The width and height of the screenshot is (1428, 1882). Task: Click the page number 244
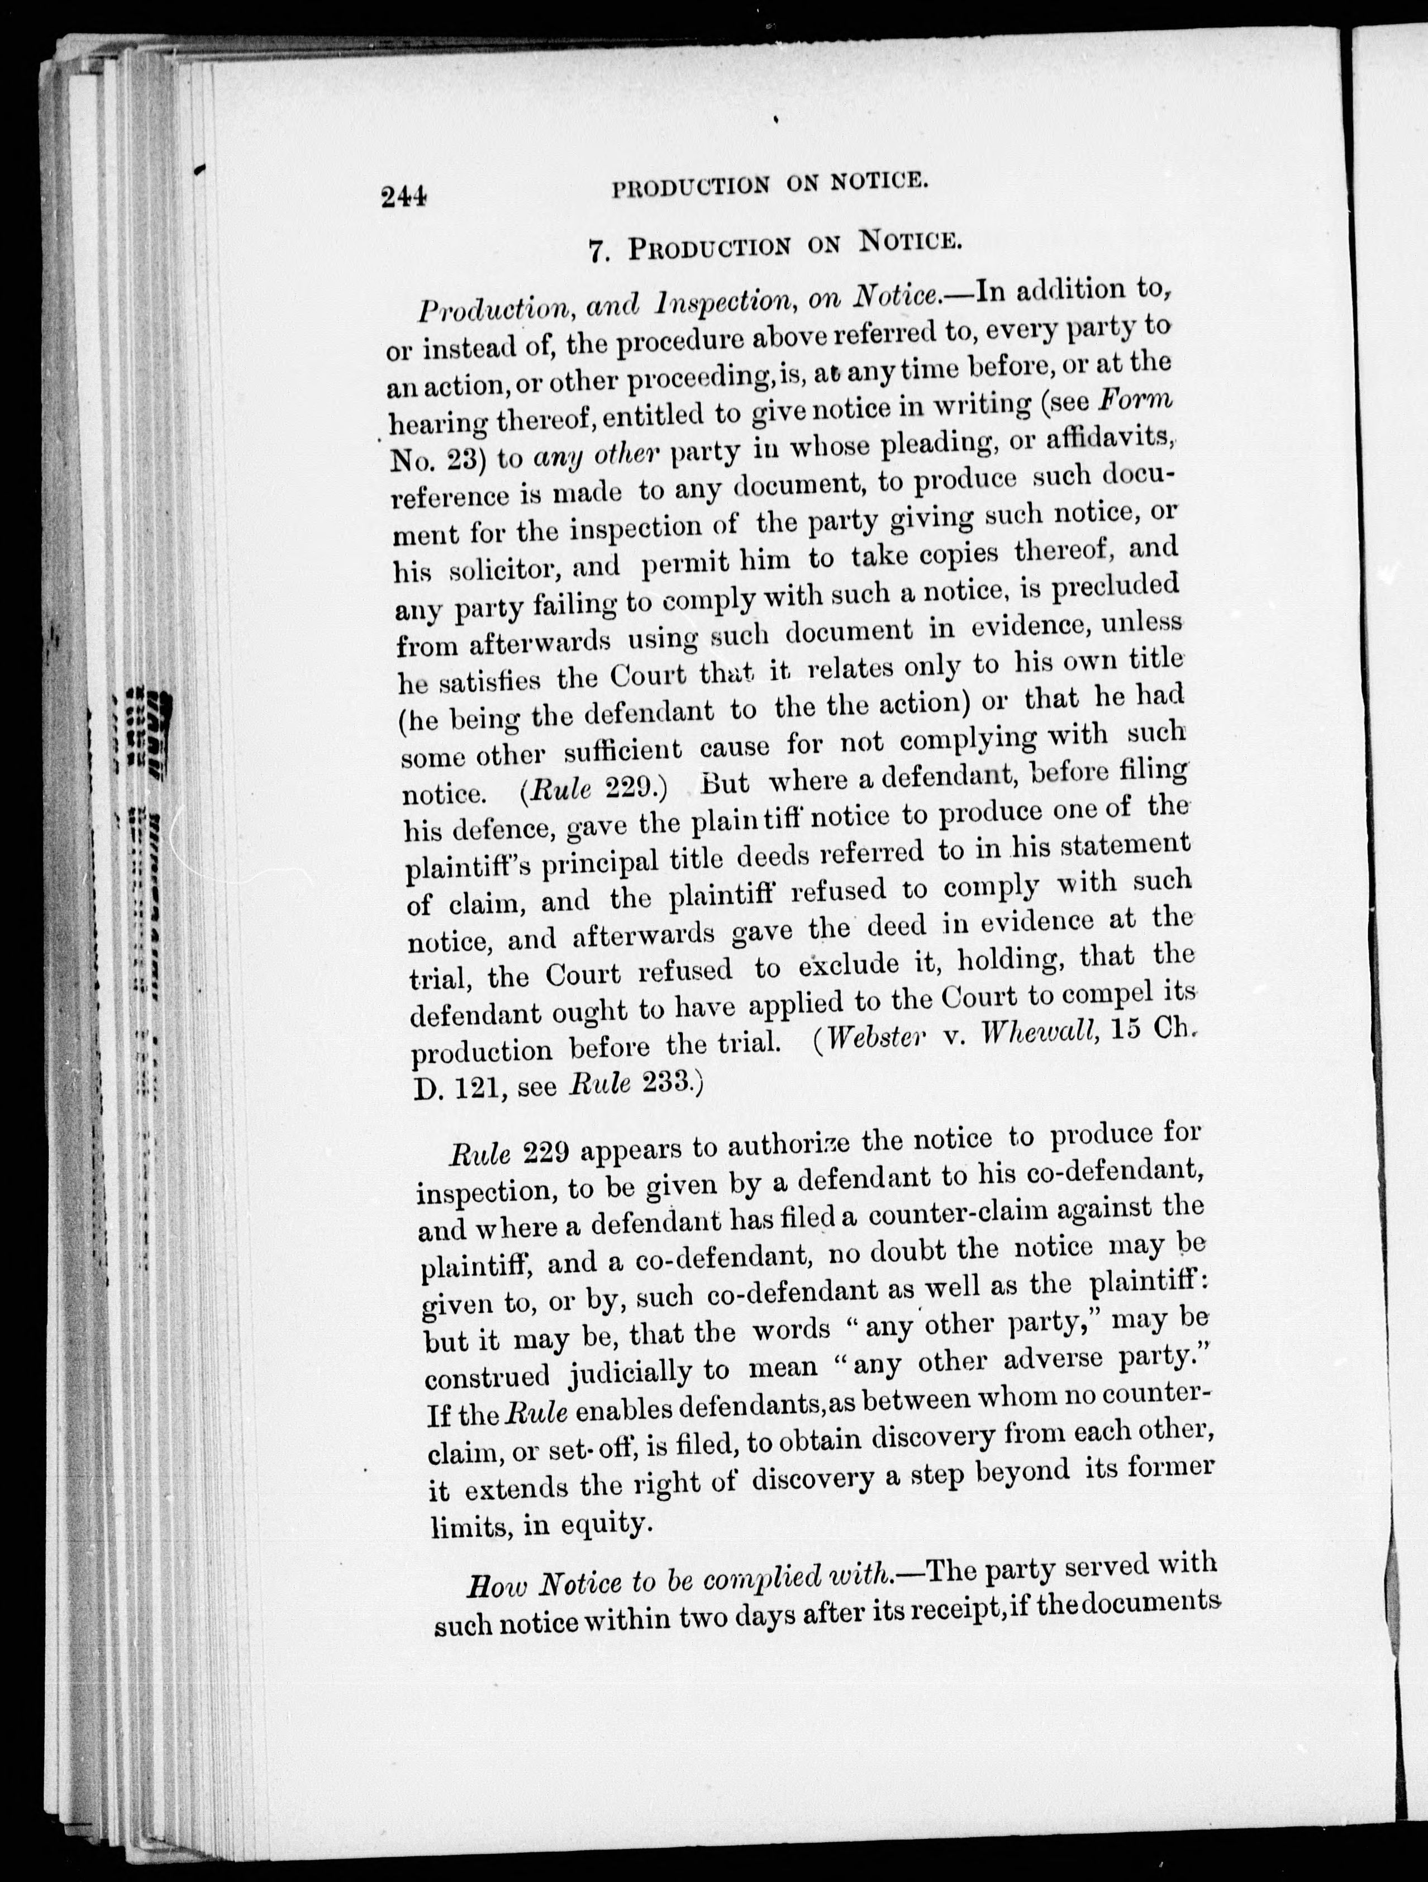(403, 197)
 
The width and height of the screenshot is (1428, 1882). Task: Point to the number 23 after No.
(462, 459)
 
